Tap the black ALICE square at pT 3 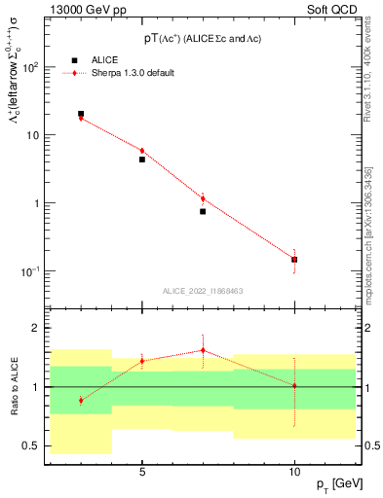click(x=81, y=114)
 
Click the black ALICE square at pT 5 click(x=142, y=160)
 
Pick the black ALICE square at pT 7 click(x=203, y=211)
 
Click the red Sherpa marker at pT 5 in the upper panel click(x=142, y=151)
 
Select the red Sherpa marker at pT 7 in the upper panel click(x=203, y=198)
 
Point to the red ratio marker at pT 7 click(x=203, y=350)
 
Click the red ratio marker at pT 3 click(x=81, y=400)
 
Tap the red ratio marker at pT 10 click(x=294, y=385)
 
